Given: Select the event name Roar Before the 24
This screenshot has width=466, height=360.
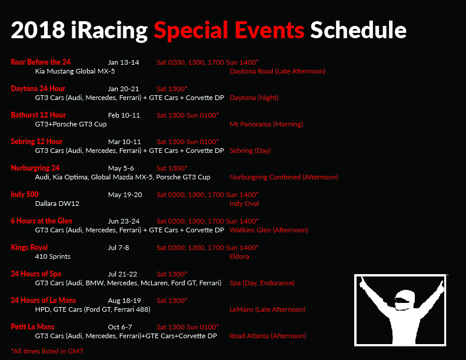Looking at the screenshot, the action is coord(41,62).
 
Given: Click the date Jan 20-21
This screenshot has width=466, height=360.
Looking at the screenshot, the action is coord(124,89).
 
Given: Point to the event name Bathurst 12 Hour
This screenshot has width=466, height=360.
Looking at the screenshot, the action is coord(38,115).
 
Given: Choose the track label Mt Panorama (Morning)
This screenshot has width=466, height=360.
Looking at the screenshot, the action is coord(267,124).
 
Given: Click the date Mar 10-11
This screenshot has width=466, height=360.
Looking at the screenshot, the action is coord(124,142).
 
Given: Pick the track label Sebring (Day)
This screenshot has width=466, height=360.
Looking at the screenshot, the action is coord(250,151).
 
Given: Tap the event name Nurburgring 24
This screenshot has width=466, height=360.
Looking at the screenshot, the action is coord(35,168).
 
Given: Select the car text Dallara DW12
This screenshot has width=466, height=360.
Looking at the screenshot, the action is coord(57,204).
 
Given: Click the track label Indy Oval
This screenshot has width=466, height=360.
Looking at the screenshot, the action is coord(244,204).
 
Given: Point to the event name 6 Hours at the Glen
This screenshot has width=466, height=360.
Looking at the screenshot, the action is coord(41,221).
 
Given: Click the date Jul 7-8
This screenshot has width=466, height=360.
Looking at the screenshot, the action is coord(118,248).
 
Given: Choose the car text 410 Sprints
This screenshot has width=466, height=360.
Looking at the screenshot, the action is coord(52,256).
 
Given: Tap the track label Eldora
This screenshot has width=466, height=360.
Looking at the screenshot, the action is coord(239,256).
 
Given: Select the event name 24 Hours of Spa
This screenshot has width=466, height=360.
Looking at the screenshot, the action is coord(36,274).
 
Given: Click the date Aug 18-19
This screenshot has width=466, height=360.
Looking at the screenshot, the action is coord(124,301).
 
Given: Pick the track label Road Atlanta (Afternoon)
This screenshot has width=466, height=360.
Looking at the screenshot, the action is coord(268,336).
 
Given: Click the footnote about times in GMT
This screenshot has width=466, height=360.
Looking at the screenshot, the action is coord(47,351).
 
